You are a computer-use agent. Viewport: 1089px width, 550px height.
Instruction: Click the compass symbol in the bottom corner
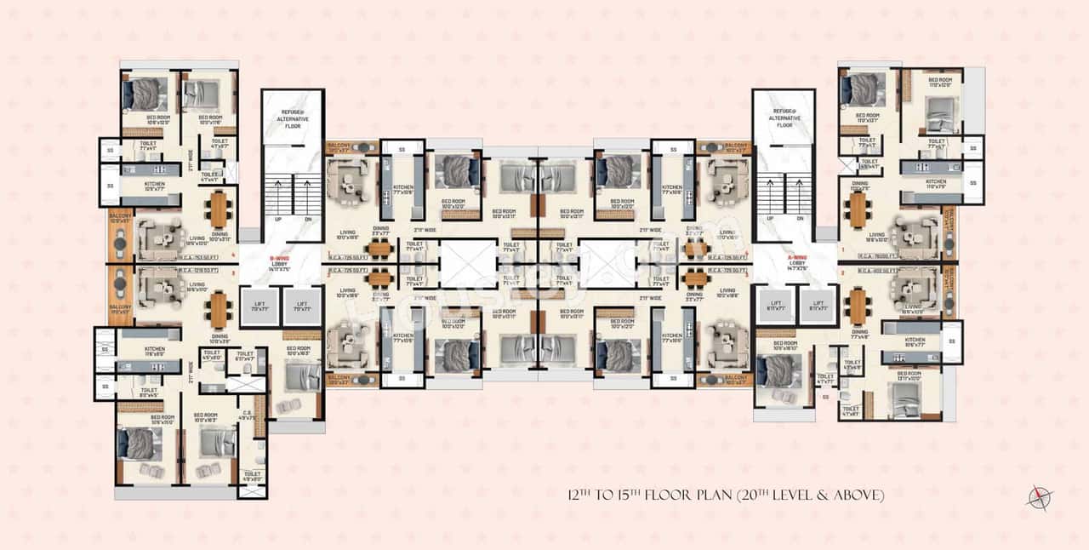[1040, 497]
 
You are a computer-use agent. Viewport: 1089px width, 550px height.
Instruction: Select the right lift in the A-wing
[818, 307]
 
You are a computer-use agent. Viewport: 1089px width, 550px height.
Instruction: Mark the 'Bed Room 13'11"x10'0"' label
[909, 375]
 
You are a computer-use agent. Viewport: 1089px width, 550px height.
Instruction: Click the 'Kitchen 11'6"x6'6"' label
[154, 351]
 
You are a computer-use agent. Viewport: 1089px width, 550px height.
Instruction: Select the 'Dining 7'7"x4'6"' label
[860, 335]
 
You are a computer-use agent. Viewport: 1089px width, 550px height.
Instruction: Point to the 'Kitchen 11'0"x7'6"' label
[935, 184]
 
